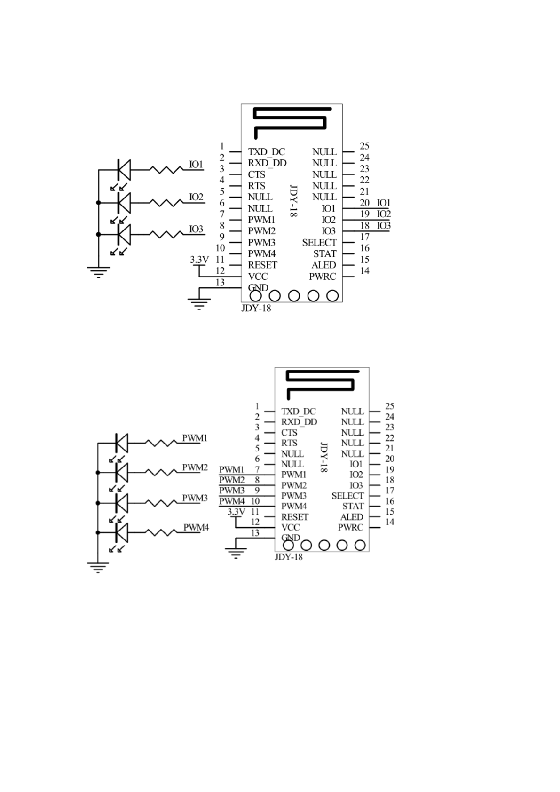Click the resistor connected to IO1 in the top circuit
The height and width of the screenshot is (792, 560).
click(x=166, y=170)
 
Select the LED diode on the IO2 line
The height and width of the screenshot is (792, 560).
click(x=124, y=203)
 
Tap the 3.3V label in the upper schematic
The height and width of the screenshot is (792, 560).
click(x=199, y=259)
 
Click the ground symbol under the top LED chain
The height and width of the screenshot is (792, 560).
click(x=98, y=272)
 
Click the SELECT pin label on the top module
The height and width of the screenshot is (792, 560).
click(x=319, y=243)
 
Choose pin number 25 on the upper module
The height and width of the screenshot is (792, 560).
click(x=364, y=146)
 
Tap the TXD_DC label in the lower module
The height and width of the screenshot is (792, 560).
click(x=299, y=412)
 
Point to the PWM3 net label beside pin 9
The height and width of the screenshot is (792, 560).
click(x=232, y=491)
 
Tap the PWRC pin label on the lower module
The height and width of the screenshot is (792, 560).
click(x=350, y=527)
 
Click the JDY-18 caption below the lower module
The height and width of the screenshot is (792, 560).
click(x=288, y=557)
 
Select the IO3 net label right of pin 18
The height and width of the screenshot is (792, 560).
click(x=384, y=226)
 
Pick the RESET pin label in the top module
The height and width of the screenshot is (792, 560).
click(x=262, y=265)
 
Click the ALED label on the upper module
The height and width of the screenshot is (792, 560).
click(x=323, y=265)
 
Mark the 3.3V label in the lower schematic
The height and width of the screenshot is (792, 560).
click(x=236, y=512)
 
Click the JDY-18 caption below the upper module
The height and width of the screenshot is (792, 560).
click(x=256, y=309)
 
